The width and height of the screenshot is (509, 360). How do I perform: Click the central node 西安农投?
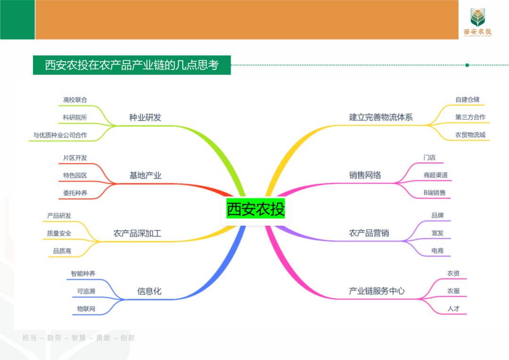255,209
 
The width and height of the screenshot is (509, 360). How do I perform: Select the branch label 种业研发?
145,117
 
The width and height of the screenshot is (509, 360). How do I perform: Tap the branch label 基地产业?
145,175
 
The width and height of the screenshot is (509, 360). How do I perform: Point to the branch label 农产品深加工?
137,233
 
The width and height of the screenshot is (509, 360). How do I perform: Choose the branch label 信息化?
149,291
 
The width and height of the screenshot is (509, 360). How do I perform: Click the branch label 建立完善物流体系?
381,117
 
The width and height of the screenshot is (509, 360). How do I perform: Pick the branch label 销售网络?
365,175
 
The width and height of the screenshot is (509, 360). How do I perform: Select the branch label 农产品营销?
369,233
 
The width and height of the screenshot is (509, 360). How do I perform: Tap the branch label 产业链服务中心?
377,291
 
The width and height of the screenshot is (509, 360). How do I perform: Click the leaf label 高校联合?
75,100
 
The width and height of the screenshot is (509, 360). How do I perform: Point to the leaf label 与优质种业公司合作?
60,135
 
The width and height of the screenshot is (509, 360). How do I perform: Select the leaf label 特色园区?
75,175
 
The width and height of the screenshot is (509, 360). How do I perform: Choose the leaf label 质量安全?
59,233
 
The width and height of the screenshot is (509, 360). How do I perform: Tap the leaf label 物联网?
86,309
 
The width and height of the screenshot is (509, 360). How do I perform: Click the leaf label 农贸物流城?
470,135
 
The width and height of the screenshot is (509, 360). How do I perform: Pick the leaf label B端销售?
434,193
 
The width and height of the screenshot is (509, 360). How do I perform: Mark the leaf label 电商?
437,251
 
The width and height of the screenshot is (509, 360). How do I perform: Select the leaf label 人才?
453,309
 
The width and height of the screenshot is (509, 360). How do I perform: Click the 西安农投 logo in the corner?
477,22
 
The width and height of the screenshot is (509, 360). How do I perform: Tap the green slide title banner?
132,65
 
